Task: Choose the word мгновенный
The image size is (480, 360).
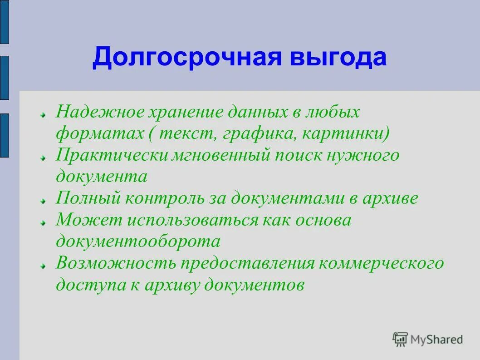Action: click(x=222, y=155)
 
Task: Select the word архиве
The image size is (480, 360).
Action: click(x=391, y=198)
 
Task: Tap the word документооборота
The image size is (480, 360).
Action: click(x=138, y=242)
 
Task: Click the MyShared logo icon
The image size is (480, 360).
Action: click(x=400, y=339)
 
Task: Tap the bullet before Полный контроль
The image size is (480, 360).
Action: click(x=42, y=200)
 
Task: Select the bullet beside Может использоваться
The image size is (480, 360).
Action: click(x=42, y=222)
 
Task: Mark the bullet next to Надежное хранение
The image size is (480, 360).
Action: click(x=42, y=114)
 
